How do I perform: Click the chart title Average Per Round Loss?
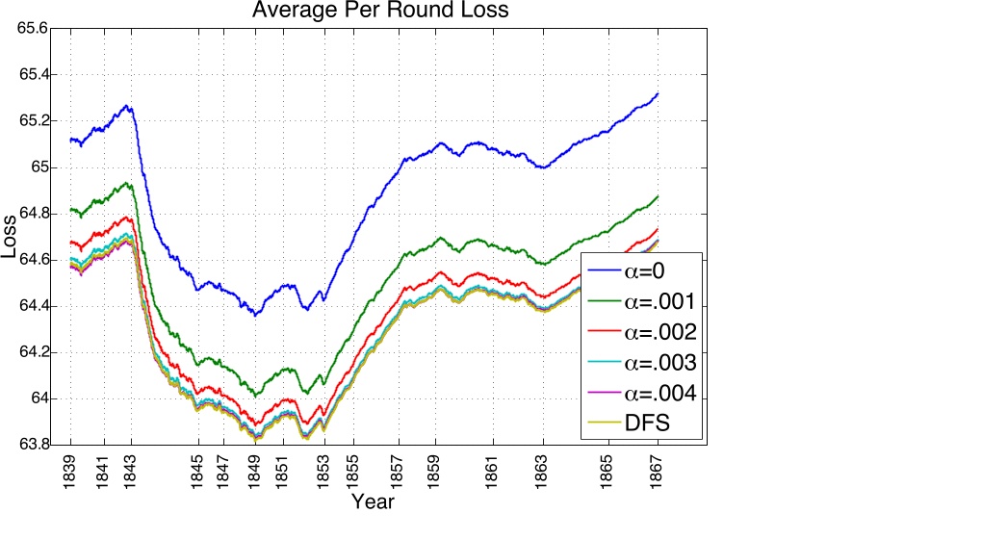379,12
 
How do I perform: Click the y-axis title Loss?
11,242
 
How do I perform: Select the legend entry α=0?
641,269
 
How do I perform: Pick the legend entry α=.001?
641,300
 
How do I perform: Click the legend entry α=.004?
641,393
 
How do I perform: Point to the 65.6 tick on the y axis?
33,29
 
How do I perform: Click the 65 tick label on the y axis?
40,167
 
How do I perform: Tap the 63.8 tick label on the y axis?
33,445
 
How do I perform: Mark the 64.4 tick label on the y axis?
33,306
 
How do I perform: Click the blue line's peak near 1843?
128,106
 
